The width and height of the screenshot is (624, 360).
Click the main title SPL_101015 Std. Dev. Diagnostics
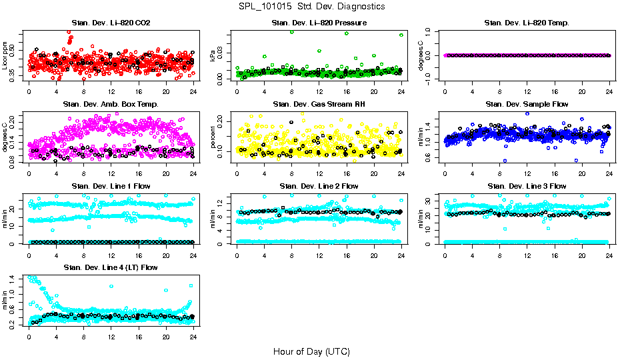[x=311, y=7]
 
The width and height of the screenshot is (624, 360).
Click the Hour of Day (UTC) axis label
[x=311, y=351]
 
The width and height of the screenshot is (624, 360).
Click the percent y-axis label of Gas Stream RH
[x=213, y=137]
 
